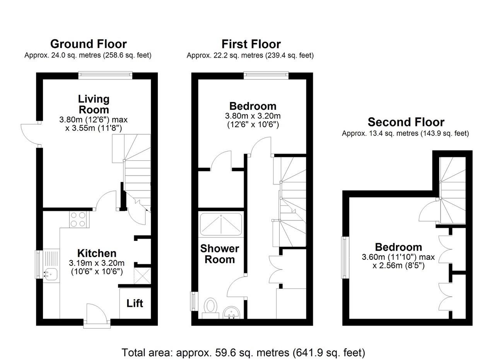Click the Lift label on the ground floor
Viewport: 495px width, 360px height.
click(x=135, y=303)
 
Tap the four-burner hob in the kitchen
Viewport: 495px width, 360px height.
click(x=80, y=220)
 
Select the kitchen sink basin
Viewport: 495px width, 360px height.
click(x=51, y=275)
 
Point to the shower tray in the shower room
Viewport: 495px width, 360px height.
click(x=221, y=224)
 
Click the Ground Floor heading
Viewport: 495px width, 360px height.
click(x=89, y=44)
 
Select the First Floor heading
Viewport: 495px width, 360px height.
click(x=251, y=44)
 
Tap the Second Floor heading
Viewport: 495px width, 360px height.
click(x=406, y=122)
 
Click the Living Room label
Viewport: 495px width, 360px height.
click(x=94, y=104)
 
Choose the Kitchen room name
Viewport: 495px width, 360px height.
click(x=97, y=253)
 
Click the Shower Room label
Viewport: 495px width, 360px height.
click(x=220, y=254)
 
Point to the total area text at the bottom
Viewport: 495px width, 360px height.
click(x=243, y=352)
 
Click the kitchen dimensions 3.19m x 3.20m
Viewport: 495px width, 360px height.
click(x=97, y=263)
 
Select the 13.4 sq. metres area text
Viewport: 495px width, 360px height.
click(x=405, y=133)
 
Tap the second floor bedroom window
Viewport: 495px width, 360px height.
click(x=345, y=258)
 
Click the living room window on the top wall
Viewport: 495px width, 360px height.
click(x=106, y=75)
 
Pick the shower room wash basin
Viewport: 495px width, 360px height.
click(x=231, y=312)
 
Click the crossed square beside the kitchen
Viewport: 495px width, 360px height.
click(x=142, y=276)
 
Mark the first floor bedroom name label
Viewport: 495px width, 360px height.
click(x=253, y=106)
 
